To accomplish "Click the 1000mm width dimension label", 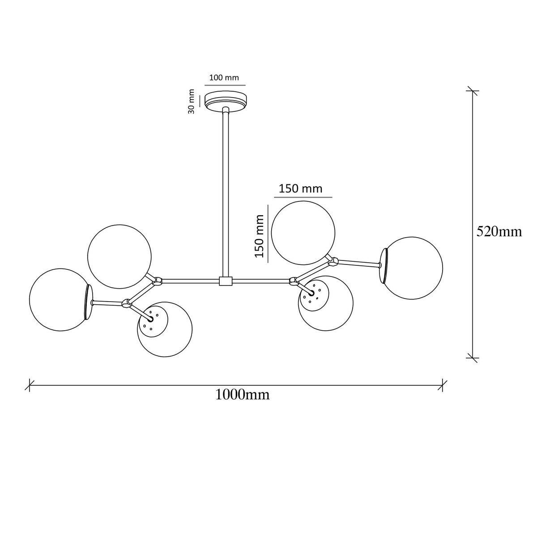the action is [243, 395].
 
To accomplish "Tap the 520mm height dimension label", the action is [499, 231].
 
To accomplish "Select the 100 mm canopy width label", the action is [224, 77].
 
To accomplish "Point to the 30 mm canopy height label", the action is [191, 102].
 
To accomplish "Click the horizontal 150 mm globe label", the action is [300, 189].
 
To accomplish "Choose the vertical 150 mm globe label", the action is [260, 236].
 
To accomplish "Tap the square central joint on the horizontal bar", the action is [226, 281].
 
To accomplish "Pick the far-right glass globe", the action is [411, 268].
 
